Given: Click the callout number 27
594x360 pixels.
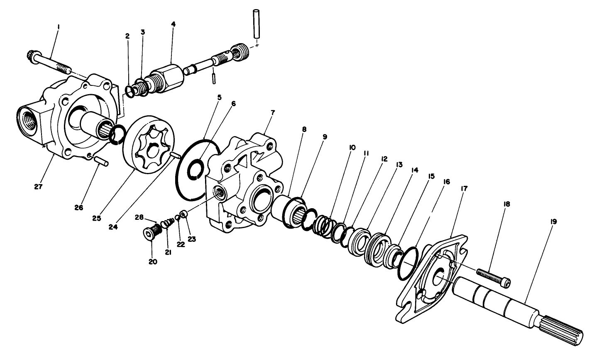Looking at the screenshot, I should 39,187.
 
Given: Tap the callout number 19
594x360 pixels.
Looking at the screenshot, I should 553,222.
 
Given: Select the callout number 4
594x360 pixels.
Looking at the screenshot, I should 173,24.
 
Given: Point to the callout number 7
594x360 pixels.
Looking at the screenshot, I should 272,113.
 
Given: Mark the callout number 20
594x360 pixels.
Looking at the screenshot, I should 153,262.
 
